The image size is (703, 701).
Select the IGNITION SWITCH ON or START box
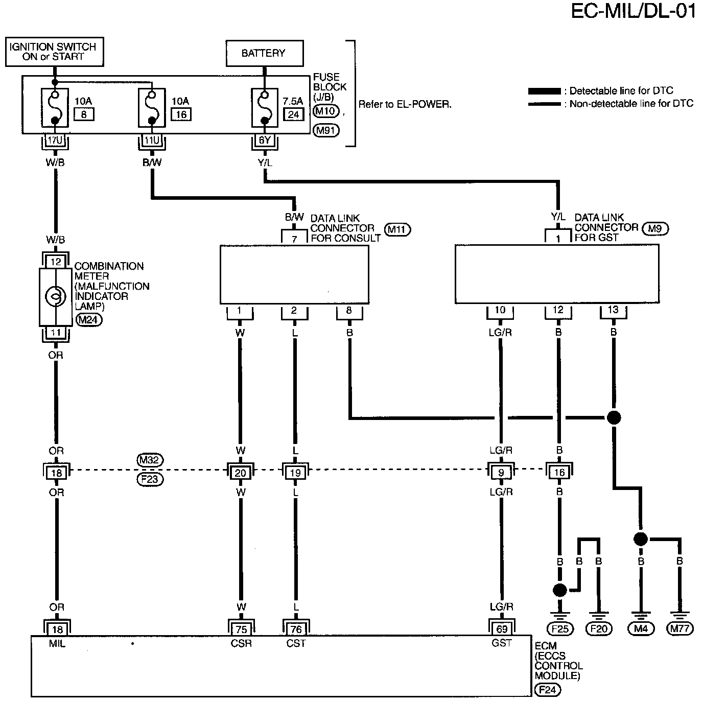[x=53, y=52]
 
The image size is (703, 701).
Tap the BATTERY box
[x=264, y=53]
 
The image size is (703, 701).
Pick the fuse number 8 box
[x=84, y=114]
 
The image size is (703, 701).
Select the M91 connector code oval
[x=325, y=130]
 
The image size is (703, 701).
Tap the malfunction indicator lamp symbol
[x=55, y=296]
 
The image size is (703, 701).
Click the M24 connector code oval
[x=89, y=320]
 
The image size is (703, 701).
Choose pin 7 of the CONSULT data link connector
[x=294, y=238]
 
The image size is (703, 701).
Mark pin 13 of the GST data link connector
[x=613, y=310]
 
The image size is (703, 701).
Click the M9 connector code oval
[x=654, y=229]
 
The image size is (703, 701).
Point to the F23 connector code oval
[x=150, y=480]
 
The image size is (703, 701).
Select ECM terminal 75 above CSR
[x=240, y=629]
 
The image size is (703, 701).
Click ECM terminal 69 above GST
[x=501, y=629]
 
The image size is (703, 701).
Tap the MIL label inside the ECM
[x=57, y=644]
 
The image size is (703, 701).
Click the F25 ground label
[x=560, y=629]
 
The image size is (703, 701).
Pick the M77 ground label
[x=679, y=629]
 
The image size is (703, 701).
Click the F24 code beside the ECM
[x=548, y=691]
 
